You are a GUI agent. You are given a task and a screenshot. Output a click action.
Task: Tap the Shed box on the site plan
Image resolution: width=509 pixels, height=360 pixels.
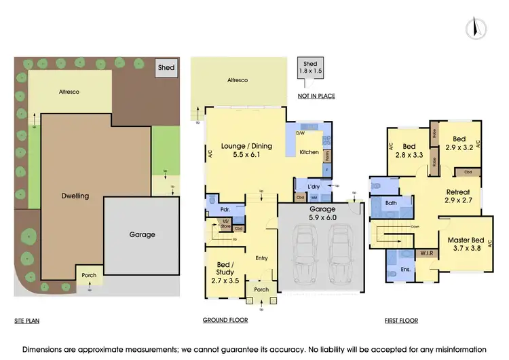[166, 68]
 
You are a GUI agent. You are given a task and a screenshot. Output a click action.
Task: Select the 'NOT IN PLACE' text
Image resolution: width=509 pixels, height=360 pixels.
[316, 96]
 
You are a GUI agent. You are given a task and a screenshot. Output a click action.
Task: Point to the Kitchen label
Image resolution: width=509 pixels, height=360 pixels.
[309, 152]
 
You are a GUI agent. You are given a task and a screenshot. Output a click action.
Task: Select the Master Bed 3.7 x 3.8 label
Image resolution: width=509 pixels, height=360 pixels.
[465, 244]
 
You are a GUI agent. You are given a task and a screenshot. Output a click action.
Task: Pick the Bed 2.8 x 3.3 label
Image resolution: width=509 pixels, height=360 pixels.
[409, 150]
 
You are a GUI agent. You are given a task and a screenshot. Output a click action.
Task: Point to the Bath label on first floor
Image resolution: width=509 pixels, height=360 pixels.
[391, 202]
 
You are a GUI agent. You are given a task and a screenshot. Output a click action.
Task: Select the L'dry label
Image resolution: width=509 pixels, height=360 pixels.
[313, 186]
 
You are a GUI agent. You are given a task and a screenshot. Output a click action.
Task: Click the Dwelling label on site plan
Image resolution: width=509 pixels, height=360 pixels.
[75, 196]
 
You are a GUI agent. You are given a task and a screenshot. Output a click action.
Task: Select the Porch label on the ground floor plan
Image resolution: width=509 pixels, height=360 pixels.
[261, 289]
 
